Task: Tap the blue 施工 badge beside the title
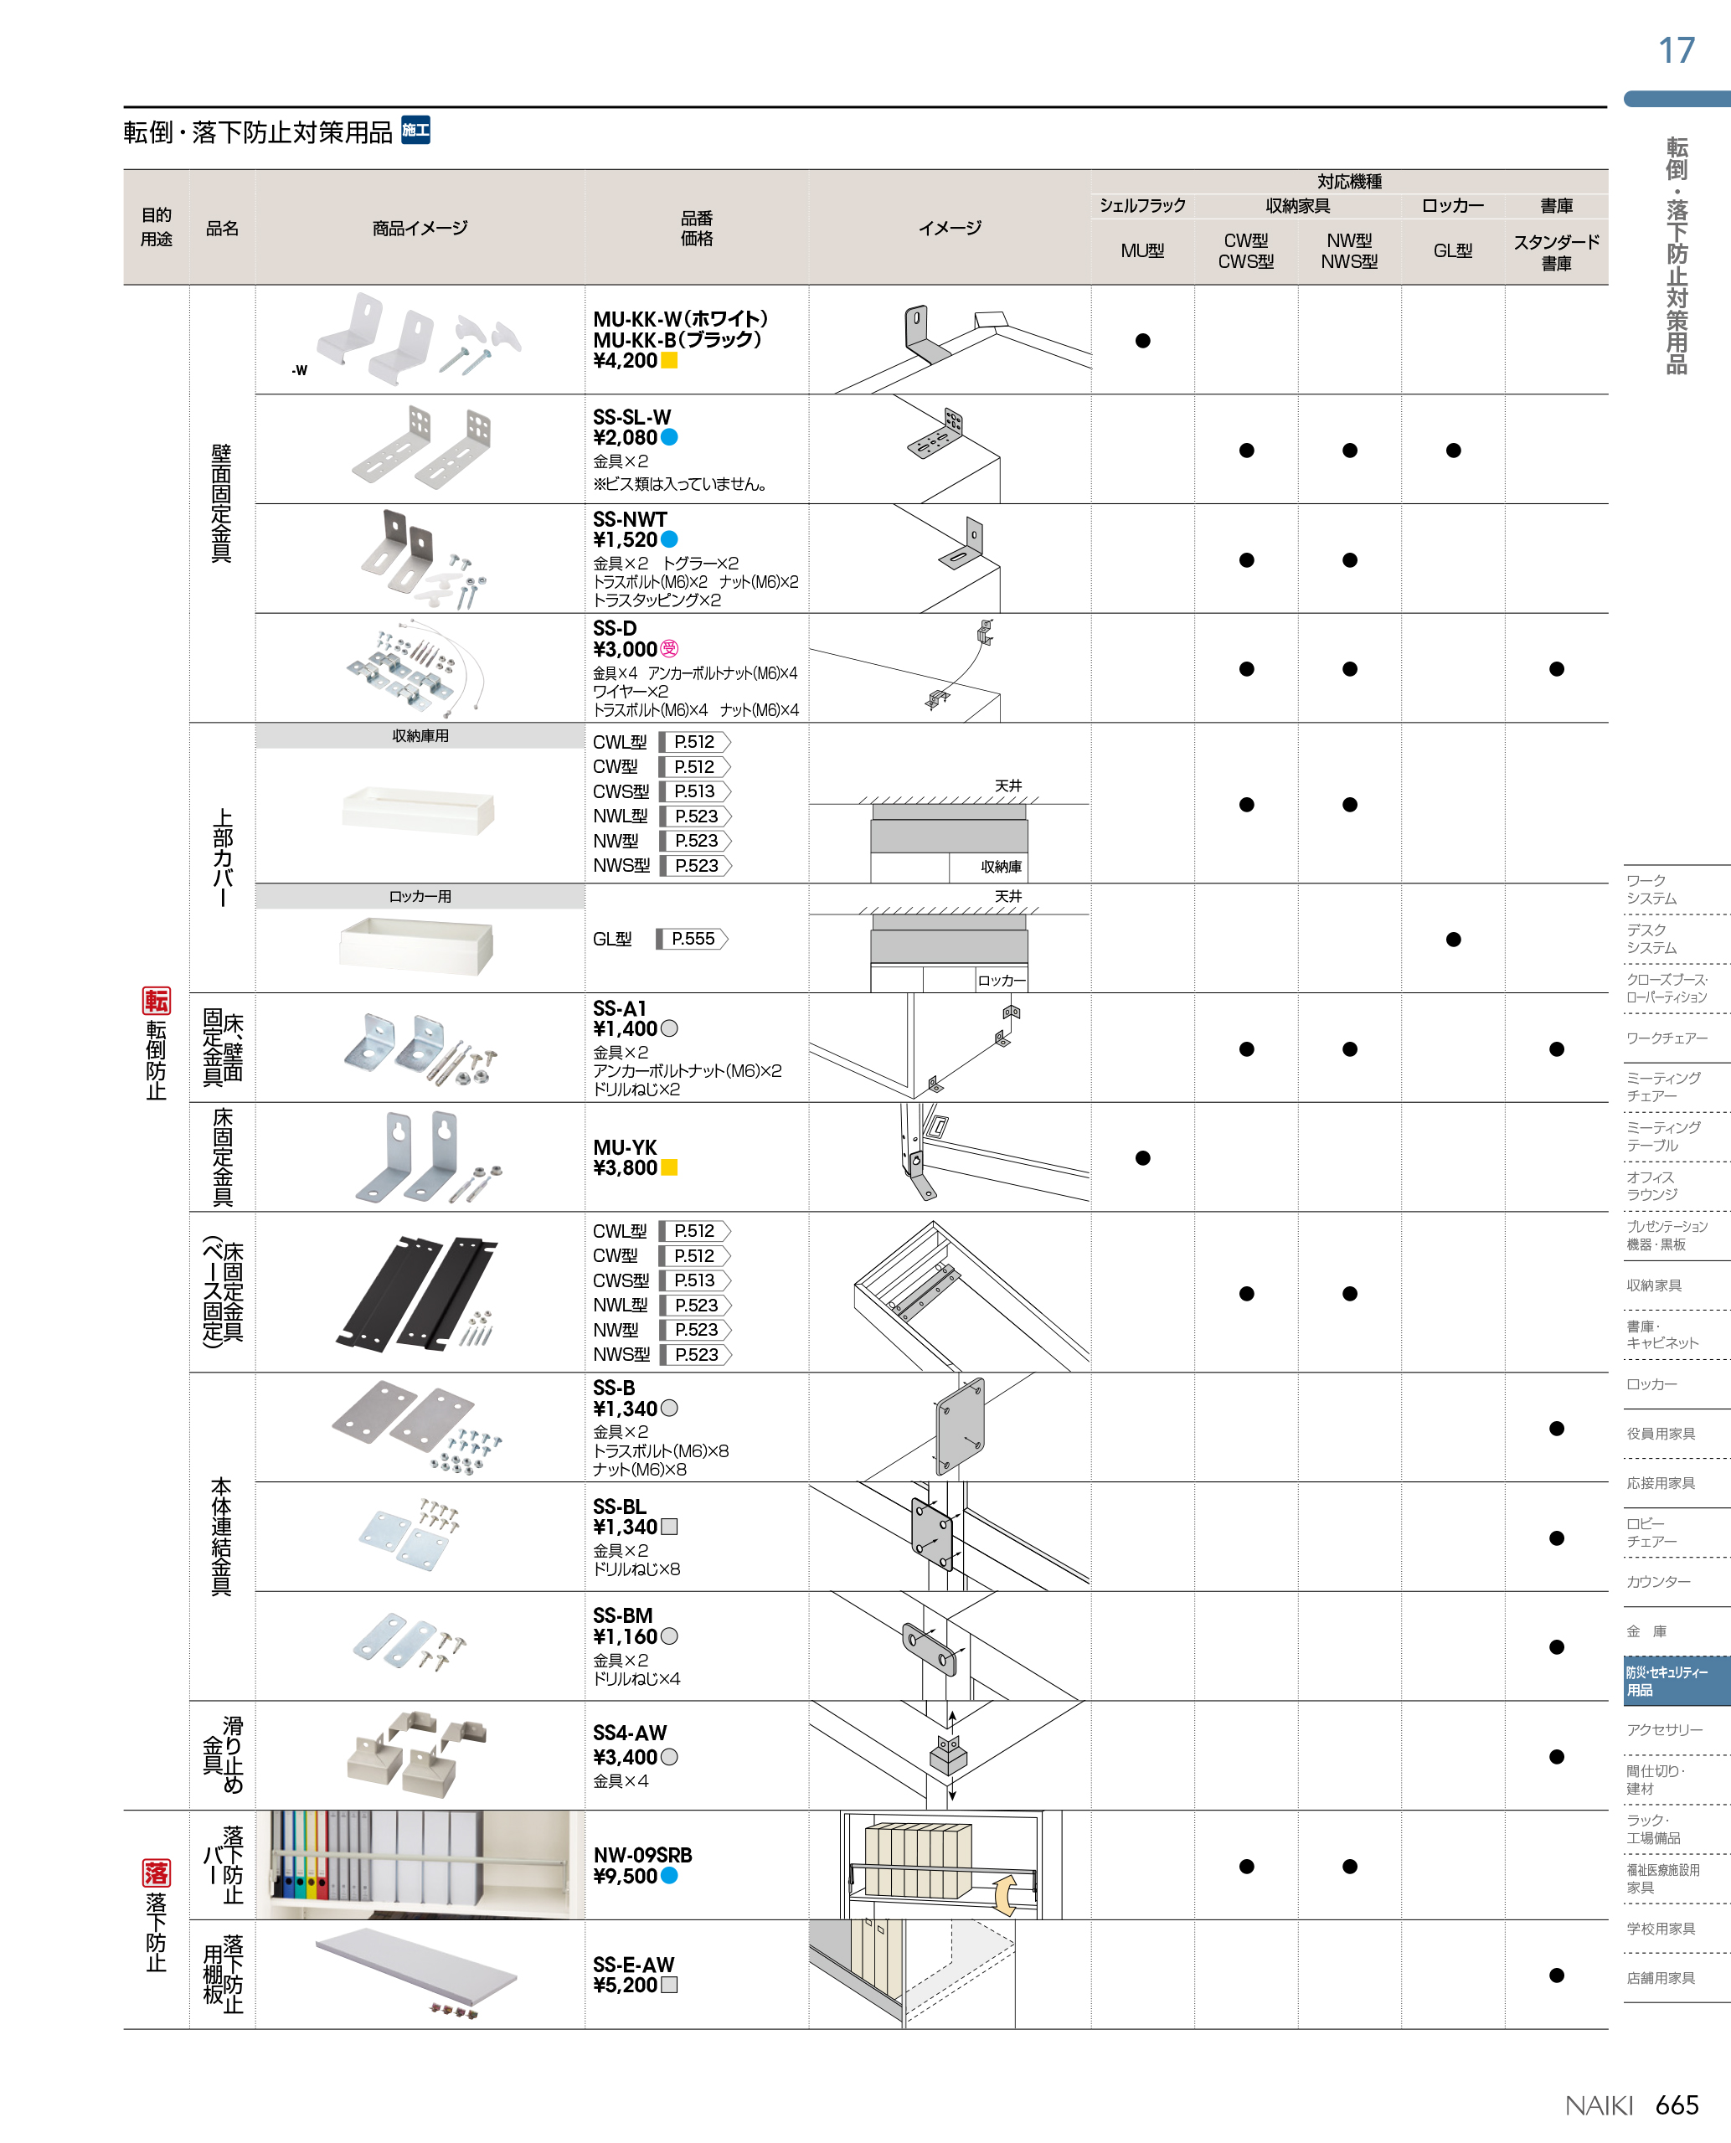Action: point(415,131)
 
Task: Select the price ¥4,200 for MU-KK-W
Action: point(626,361)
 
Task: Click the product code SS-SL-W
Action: point(632,417)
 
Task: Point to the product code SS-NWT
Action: point(631,518)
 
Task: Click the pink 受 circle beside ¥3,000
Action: point(669,649)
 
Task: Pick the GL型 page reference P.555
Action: point(693,939)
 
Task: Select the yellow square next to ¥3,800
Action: point(669,1167)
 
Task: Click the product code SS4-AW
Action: point(631,1733)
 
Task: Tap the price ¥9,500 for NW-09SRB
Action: point(626,1876)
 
